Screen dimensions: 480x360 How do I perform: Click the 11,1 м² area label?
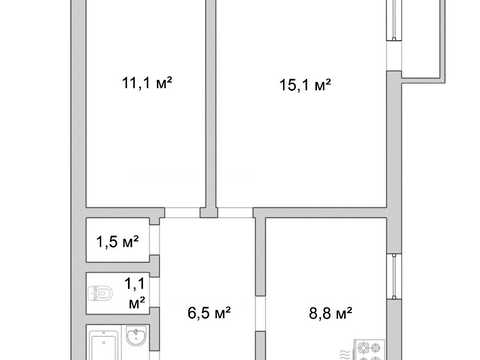[147, 83]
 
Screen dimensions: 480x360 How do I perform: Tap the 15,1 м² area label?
[305, 85]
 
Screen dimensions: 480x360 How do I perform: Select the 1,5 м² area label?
[117, 242]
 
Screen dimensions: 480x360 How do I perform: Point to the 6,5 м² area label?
[209, 313]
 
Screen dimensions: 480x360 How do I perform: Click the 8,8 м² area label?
[330, 313]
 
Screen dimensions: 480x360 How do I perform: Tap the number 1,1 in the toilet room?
[135, 284]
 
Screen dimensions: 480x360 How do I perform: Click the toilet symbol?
[101, 293]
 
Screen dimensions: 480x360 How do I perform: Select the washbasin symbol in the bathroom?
[136, 335]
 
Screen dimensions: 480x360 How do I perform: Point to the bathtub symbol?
[103, 345]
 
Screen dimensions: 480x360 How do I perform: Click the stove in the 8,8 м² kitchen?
[369, 350]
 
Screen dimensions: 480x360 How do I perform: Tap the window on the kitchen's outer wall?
[394, 276]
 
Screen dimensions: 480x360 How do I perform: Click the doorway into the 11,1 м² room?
[182, 213]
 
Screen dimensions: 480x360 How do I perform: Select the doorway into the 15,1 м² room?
[235, 213]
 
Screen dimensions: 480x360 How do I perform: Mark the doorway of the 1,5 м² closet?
[154, 240]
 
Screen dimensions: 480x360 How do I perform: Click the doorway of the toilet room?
[154, 292]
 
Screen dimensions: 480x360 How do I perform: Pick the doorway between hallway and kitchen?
[260, 313]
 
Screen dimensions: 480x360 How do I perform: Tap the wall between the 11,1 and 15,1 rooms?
[211, 104]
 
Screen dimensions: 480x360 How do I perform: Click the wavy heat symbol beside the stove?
[345, 355]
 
